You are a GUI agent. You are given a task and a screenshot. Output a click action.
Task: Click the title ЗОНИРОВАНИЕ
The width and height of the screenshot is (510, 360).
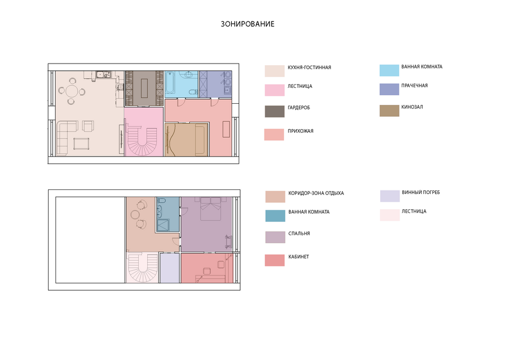(248, 24)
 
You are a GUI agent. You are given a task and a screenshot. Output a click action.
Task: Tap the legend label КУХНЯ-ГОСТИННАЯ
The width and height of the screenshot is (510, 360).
(309, 67)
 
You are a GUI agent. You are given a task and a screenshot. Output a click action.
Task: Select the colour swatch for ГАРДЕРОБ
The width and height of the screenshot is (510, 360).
(274, 111)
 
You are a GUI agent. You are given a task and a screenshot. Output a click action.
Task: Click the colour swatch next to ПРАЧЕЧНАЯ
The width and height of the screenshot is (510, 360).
(389, 89)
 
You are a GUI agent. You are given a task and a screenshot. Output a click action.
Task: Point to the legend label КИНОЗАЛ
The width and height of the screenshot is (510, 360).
(412, 107)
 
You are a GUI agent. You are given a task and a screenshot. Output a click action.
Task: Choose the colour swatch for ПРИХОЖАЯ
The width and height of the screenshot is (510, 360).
(274, 135)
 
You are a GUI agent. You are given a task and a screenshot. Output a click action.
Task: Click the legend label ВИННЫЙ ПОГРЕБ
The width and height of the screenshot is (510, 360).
(421, 192)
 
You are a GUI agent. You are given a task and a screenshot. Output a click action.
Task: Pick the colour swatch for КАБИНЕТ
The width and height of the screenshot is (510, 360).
(274, 260)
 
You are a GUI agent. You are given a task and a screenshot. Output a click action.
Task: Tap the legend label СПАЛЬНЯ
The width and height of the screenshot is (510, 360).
(299, 234)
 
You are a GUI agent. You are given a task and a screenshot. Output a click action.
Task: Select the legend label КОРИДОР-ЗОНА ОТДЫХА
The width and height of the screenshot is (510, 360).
(316, 193)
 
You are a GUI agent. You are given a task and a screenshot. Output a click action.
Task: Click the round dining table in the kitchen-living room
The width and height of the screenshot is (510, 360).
(72, 91)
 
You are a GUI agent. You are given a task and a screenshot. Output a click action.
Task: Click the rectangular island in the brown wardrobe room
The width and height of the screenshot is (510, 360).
(144, 88)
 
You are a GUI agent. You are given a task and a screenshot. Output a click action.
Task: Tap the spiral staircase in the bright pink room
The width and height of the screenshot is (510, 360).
(143, 141)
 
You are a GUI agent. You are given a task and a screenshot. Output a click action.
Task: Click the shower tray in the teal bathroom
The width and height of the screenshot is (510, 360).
(163, 225)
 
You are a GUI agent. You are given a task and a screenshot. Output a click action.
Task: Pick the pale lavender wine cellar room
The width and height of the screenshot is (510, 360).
(169, 268)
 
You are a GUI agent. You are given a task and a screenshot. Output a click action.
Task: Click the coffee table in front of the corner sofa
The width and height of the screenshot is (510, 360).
(81, 143)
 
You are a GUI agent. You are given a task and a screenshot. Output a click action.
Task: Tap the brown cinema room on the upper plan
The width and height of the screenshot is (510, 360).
(186, 139)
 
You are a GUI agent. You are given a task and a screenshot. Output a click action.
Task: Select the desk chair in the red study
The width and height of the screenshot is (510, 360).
(206, 271)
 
